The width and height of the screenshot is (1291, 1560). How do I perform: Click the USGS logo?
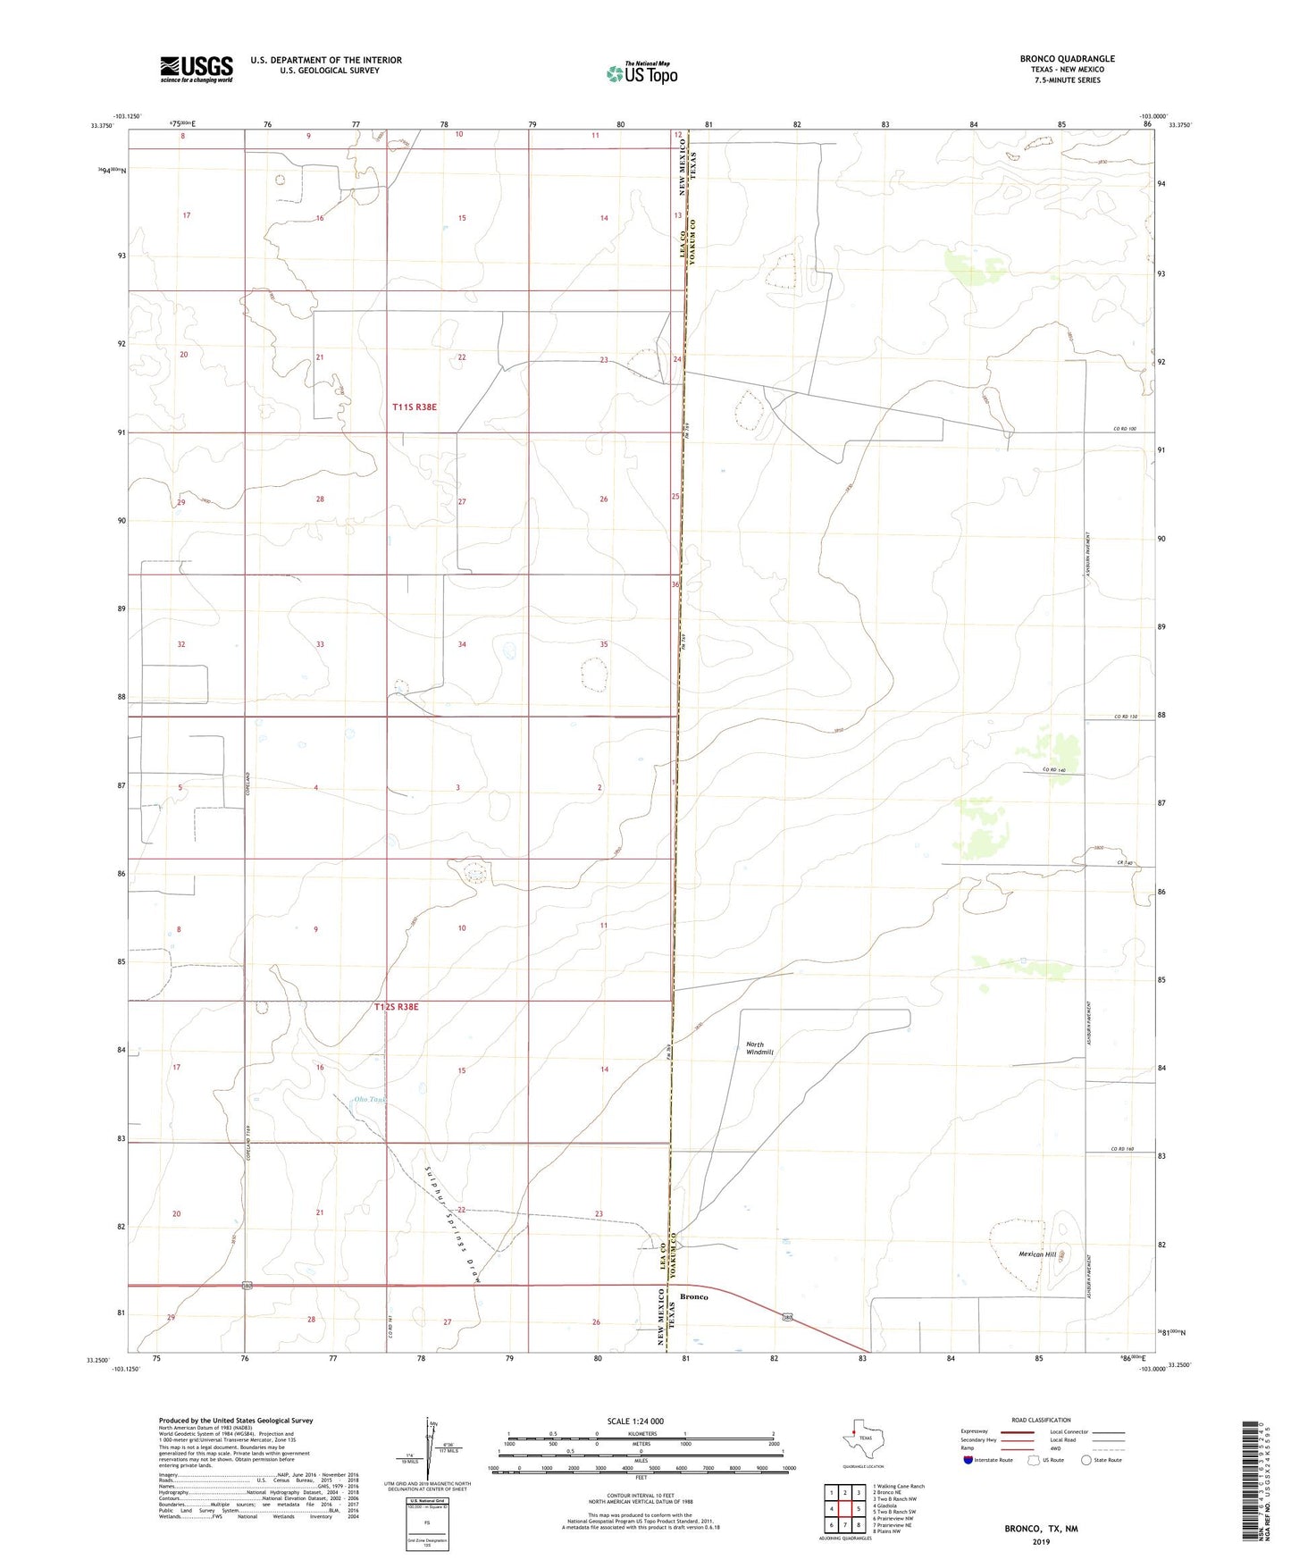pyautogui.click(x=196, y=69)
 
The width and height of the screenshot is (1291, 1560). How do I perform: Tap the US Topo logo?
pyautogui.click(x=641, y=73)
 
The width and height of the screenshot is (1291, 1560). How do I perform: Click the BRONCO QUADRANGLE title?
pyautogui.click(x=1067, y=59)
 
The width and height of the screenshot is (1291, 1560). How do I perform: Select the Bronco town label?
pyautogui.click(x=694, y=1296)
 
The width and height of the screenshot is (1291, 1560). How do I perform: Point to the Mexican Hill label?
pyautogui.click(x=1037, y=1254)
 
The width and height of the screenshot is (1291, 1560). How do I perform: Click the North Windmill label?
pyautogui.click(x=759, y=1048)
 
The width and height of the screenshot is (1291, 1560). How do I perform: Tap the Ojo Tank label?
pyautogui.click(x=368, y=1099)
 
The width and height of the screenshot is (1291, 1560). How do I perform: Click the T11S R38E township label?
pyautogui.click(x=415, y=407)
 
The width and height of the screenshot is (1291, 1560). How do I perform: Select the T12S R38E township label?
pyautogui.click(x=396, y=1007)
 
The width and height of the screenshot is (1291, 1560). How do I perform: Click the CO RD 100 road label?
pyautogui.click(x=1125, y=430)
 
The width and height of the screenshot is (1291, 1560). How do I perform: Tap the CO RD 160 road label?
pyautogui.click(x=1122, y=1149)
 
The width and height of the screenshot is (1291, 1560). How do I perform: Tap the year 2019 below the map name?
pyautogui.click(x=1041, y=1541)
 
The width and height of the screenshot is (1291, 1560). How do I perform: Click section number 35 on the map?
pyautogui.click(x=604, y=644)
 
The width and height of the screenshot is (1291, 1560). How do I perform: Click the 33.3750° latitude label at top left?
pyautogui.click(x=100, y=125)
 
